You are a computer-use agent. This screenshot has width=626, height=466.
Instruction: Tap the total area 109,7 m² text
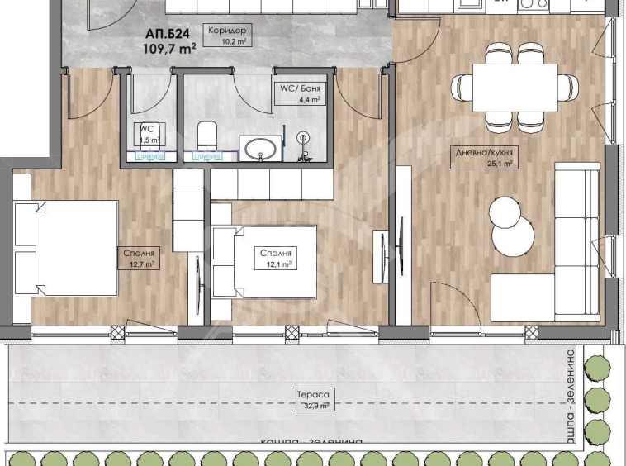coord(169,49)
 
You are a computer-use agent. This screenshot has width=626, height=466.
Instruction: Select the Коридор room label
coord(228,30)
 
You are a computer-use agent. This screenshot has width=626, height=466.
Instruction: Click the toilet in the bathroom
coord(207,134)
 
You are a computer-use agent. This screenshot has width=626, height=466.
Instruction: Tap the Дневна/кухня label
coord(483,152)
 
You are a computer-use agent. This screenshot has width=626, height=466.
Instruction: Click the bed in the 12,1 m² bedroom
coord(264,261)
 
